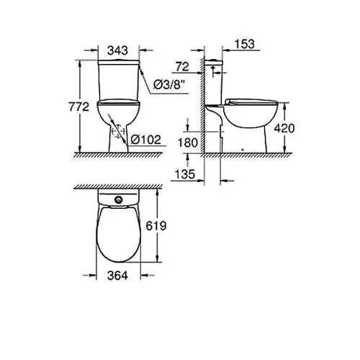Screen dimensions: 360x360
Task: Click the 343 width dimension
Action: pyautogui.click(x=117, y=50)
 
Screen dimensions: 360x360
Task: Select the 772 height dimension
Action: pyautogui.click(x=79, y=107)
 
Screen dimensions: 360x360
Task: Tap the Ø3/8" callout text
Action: pyautogui.click(x=170, y=84)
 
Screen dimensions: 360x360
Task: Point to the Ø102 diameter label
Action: pyautogui.click(x=146, y=140)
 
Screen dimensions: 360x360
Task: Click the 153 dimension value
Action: pyautogui.click(x=245, y=44)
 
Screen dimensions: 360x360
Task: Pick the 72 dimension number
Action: pyautogui.click(x=182, y=66)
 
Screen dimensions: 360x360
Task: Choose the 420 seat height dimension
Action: pyautogui.click(x=284, y=128)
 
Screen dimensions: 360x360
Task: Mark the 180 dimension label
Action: pyautogui.click(x=188, y=143)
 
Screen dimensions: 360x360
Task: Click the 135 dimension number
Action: pyautogui.click(x=184, y=174)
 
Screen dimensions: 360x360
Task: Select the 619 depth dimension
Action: pyautogui.click(x=156, y=225)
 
